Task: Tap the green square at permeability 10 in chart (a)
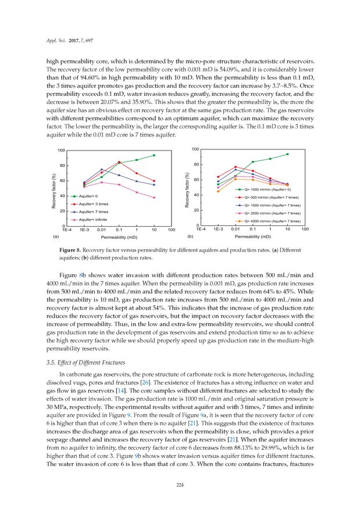click(154, 155)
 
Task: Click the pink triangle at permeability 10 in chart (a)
click(154, 198)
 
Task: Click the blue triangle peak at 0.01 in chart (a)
click(102, 170)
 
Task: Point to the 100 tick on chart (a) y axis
click(60, 150)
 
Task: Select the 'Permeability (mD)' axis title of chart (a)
click(119, 238)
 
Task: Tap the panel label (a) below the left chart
click(56, 237)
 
